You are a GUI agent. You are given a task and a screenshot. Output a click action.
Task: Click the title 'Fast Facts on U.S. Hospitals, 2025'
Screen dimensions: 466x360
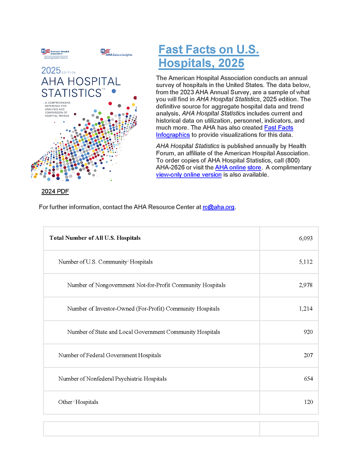[208, 56]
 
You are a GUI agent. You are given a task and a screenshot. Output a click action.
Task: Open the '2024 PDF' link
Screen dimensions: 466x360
[55, 192]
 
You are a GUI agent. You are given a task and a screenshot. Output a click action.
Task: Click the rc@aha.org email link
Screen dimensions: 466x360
[219, 207]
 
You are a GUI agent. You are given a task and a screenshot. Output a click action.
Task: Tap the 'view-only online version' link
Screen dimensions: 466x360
[189, 174]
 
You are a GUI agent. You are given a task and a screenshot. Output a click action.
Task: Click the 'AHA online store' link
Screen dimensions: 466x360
[238, 168]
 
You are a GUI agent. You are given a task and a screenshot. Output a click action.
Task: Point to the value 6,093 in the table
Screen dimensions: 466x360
[305, 239]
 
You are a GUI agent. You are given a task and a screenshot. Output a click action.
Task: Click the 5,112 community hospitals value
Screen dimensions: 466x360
[305, 262]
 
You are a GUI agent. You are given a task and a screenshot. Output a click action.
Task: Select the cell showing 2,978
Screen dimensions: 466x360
[305, 285]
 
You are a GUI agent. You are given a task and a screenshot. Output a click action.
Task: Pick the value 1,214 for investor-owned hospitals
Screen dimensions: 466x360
[305, 309]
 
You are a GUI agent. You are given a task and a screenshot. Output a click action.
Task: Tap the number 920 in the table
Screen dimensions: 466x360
[308, 332]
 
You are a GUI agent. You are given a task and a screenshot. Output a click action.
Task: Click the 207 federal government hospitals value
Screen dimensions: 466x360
[308, 355]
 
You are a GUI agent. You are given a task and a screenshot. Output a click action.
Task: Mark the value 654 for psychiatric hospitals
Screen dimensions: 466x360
[308, 378]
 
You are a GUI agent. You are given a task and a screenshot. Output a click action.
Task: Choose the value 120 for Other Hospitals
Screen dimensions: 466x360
[308, 402]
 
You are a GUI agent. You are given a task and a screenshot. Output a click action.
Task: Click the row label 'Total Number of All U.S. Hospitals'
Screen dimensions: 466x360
[95, 238]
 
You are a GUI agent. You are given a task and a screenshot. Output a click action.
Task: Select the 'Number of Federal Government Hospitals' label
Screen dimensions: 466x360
[109, 355]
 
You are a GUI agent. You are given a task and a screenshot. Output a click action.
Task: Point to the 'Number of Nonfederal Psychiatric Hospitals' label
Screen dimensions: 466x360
[112, 378]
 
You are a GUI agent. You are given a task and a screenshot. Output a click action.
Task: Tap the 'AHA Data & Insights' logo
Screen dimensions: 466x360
[116, 52]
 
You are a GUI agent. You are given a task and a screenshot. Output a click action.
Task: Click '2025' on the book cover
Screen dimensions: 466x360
[51, 70]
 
